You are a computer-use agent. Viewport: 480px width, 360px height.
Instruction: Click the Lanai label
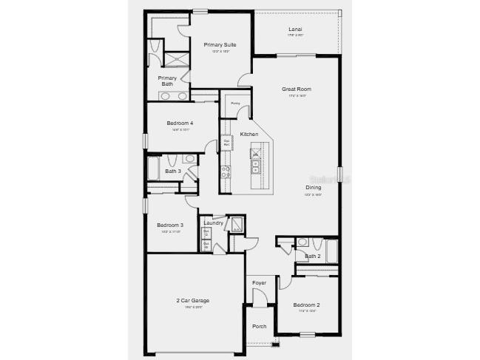click(x=295, y=30)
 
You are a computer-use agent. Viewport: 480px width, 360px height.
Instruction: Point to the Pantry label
click(x=235, y=103)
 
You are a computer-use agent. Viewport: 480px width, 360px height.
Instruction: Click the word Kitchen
click(x=249, y=134)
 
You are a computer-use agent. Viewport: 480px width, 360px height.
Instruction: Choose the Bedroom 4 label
click(x=180, y=123)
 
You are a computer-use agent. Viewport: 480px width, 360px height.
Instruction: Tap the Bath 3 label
click(x=172, y=171)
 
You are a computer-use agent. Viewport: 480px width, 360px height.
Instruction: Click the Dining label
click(x=314, y=188)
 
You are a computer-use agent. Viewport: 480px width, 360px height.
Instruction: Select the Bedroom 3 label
click(x=170, y=225)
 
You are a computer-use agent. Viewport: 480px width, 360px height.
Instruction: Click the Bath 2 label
click(x=312, y=257)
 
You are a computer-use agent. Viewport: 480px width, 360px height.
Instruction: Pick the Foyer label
click(x=259, y=283)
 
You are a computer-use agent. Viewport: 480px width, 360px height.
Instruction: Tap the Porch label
click(x=259, y=326)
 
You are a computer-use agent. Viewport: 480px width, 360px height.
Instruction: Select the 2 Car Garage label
click(x=192, y=300)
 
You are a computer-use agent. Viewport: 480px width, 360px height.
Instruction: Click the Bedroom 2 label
click(x=306, y=305)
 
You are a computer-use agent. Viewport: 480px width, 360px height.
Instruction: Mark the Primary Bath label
click(x=168, y=81)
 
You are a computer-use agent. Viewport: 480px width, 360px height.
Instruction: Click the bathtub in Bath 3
click(x=154, y=169)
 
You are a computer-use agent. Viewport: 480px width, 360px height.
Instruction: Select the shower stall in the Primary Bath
click(x=176, y=60)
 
